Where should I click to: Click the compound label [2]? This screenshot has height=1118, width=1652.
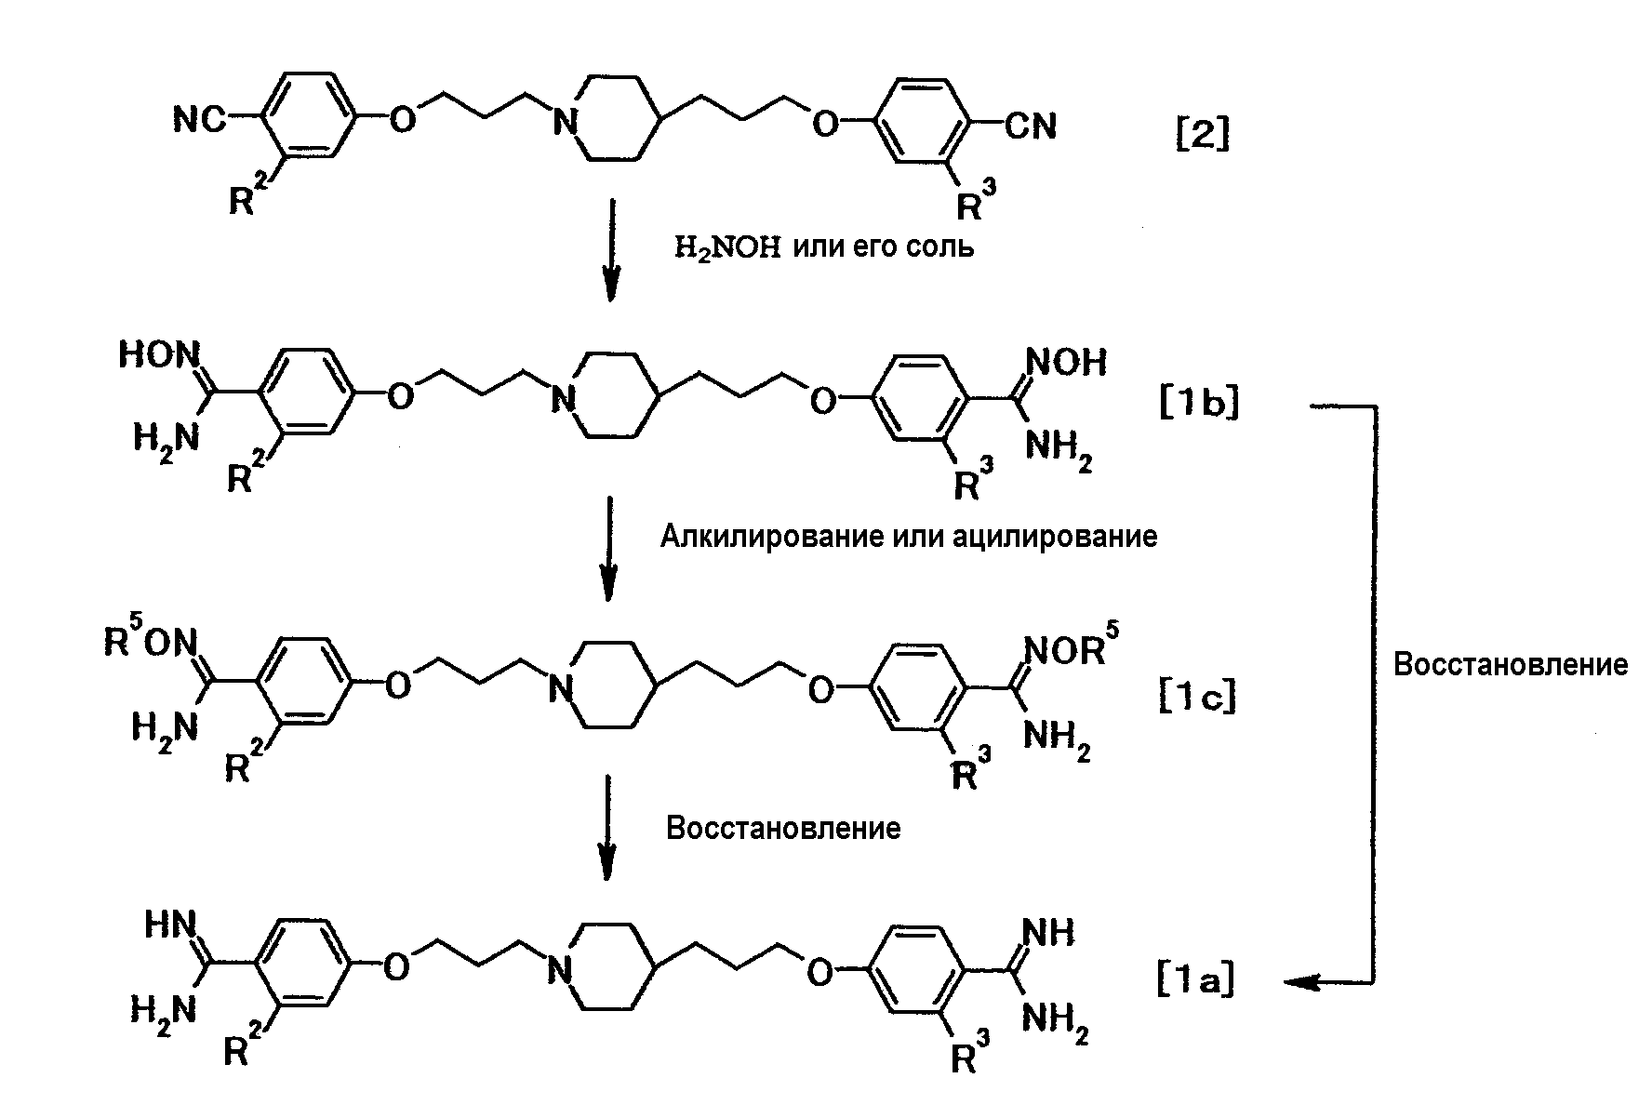point(1201,136)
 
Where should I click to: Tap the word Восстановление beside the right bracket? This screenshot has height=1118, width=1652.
point(1510,664)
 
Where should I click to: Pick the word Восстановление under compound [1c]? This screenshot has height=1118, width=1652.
point(783,828)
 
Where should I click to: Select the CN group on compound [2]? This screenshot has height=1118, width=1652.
point(1031,126)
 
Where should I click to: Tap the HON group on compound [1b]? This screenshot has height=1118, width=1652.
point(160,356)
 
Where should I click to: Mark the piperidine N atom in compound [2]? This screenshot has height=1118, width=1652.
point(561,123)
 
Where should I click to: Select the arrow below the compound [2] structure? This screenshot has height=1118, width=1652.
point(610,248)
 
